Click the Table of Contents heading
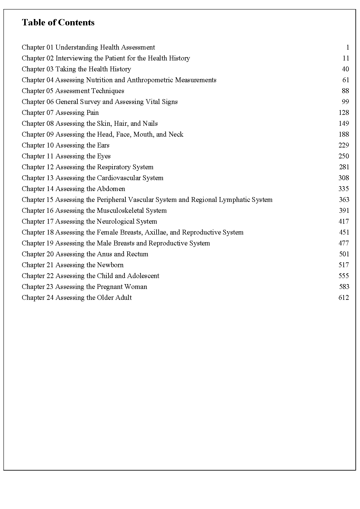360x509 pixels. pyautogui.click(x=58, y=22)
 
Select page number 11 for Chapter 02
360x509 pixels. pyautogui.click(x=346, y=58)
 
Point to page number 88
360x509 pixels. pyautogui.click(x=345, y=91)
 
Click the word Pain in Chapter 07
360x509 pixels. pyautogui.click(x=92, y=112)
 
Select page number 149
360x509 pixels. pyautogui.click(x=344, y=123)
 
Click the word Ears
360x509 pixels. pyautogui.click(x=103, y=145)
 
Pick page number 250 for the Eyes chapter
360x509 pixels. pyautogui.click(x=344, y=156)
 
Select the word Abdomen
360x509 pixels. pyautogui.click(x=111, y=189)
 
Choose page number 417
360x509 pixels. pyautogui.click(x=344, y=221)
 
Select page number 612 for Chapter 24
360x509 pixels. pyautogui.click(x=344, y=297)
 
